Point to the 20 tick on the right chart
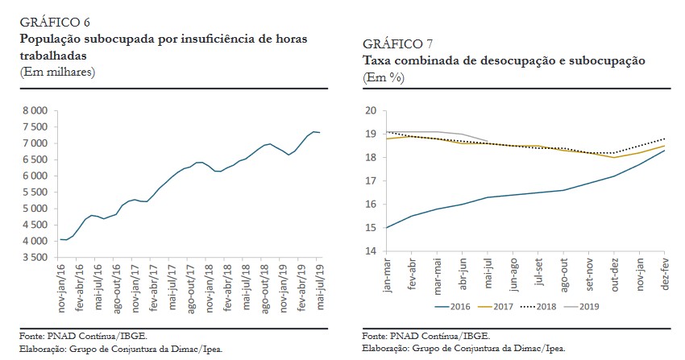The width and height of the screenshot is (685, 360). coord(371,111)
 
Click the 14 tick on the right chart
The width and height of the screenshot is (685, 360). coord(371,251)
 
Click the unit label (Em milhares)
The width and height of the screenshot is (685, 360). coord(57,72)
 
